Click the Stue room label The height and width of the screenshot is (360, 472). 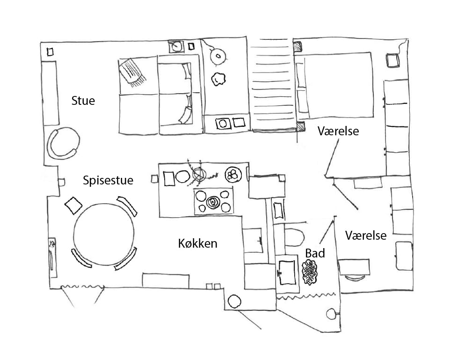[83, 101]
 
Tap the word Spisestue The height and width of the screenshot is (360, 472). [108, 180]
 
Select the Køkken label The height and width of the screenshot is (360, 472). [197, 243]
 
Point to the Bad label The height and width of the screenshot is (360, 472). [315, 253]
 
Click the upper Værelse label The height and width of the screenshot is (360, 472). [338, 131]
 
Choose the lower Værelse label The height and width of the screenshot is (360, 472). [366, 235]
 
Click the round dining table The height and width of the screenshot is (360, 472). [104, 235]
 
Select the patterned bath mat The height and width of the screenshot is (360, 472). [310, 272]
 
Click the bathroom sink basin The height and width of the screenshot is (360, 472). [287, 272]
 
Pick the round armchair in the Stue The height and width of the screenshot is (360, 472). [63, 143]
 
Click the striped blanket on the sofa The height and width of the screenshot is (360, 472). [131, 72]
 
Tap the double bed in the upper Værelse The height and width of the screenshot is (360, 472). [334, 86]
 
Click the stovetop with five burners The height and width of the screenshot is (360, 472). [213, 201]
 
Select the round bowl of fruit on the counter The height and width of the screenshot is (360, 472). [233, 175]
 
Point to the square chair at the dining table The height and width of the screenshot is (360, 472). [73, 206]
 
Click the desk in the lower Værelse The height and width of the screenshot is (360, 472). [354, 267]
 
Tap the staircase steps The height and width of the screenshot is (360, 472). [272, 85]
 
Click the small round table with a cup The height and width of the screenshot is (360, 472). [218, 56]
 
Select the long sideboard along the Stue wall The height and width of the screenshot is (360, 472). [50, 93]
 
